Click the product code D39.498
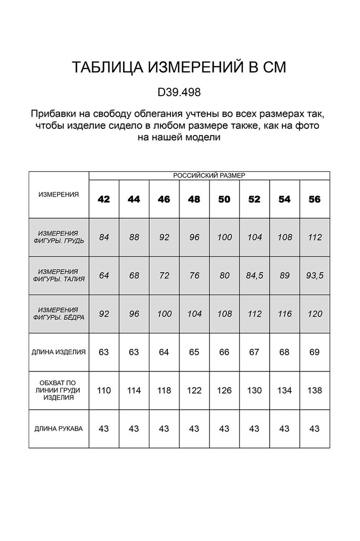[179, 92]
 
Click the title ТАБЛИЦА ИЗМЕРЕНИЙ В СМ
[179, 68]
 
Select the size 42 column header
[104, 199]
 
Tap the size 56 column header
[315, 199]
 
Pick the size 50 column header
[224, 199]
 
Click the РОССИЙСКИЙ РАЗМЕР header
[209, 175]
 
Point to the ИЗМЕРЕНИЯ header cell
[59, 194]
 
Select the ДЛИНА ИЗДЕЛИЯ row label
[59, 352]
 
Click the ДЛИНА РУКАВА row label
[59, 428]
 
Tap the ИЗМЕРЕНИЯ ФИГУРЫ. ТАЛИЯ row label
[59, 275]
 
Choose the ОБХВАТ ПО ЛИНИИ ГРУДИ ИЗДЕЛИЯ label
[59, 390]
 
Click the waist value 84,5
[254, 275]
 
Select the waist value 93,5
[315, 275]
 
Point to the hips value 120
[315, 314]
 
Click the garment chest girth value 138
[315, 390]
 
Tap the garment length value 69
[315, 352]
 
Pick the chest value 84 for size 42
[104, 237]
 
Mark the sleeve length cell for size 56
[315, 428]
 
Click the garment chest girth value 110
[104, 390]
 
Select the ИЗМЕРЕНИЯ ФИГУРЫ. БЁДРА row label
[59, 314]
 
